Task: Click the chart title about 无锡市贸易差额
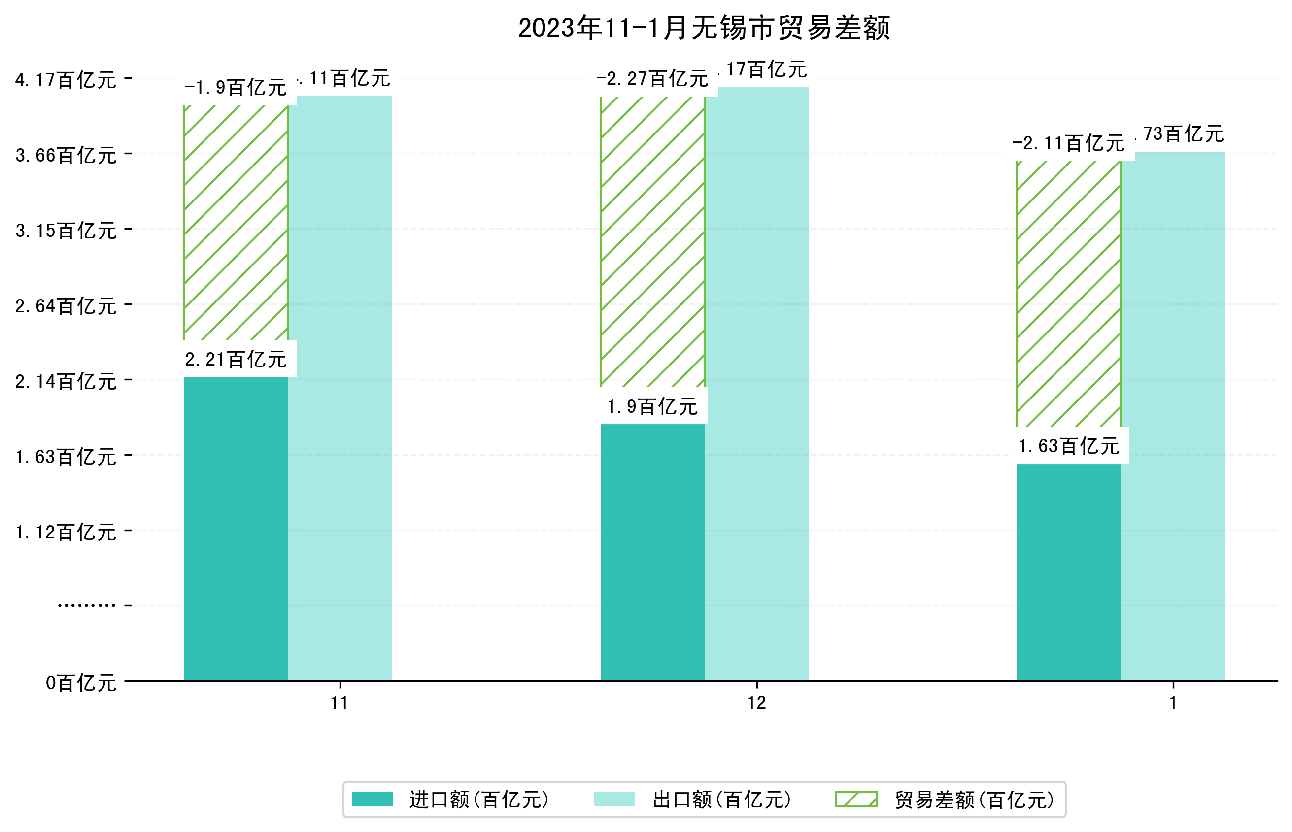[x=704, y=28]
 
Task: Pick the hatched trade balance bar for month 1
[x=1068, y=295]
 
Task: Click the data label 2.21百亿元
[x=236, y=359]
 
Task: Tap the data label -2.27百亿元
[x=652, y=79]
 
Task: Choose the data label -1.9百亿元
[x=236, y=88]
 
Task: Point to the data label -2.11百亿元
[x=1068, y=144]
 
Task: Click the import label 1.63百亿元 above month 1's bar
[x=1068, y=446]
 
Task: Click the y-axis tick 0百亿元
[x=81, y=683]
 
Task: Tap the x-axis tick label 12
[x=756, y=703]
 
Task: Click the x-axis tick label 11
[x=340, y=703]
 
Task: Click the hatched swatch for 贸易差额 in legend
[x=856, y=799]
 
